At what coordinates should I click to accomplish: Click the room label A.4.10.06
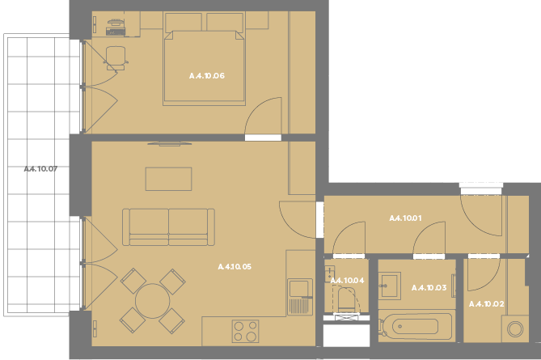207,75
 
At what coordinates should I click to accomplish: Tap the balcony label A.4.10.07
40,169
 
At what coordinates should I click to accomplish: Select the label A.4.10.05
235,266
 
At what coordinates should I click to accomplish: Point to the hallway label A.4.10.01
405,218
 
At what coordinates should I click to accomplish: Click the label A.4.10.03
429,287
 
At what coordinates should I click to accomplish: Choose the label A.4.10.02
487,303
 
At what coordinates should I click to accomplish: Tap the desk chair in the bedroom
116,58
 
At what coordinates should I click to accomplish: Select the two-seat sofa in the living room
168,227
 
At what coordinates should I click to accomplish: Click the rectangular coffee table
168,179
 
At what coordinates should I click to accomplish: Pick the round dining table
152,301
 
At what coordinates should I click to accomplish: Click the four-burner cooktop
245,331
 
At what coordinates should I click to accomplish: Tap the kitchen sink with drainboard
300,296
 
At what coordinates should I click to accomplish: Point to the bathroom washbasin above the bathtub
390,286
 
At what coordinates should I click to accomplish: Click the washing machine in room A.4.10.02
515,328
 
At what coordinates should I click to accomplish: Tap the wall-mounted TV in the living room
169,143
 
